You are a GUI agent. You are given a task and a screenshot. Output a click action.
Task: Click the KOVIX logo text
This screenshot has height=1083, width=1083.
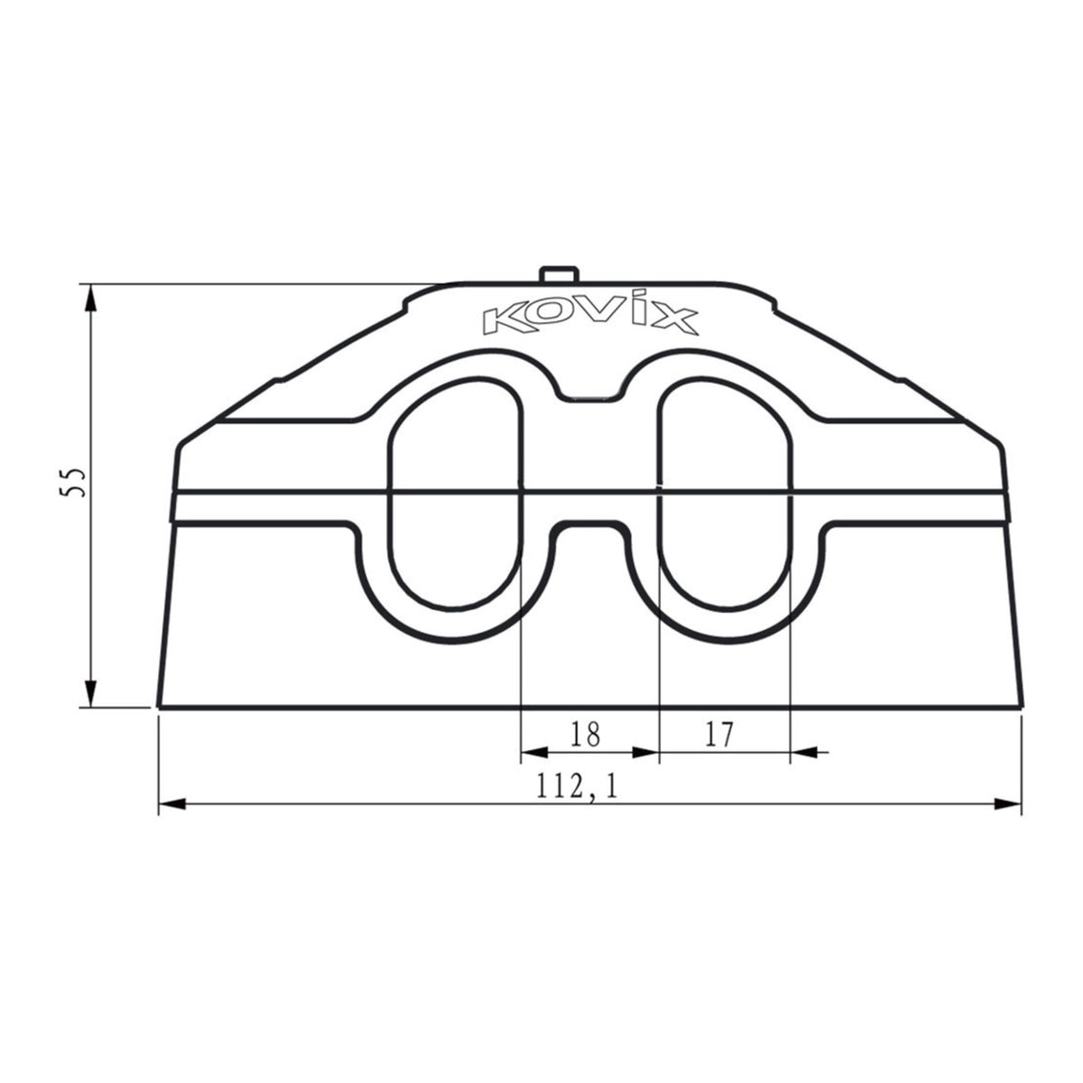click(589, 319)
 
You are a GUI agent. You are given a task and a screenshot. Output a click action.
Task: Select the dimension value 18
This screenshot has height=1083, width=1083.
click(586, 735)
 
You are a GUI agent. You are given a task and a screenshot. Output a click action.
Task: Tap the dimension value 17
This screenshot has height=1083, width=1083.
click(718, 735)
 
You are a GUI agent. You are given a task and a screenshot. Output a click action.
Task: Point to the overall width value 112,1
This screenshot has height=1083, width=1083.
click(576, 788)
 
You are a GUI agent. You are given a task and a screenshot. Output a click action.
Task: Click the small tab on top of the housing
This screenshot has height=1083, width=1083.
click(560, 274)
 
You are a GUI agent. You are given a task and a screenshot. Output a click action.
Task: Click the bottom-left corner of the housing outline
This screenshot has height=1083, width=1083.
click(160, 706)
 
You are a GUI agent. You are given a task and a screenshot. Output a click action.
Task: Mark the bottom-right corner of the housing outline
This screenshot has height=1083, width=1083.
click(1021, 706)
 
